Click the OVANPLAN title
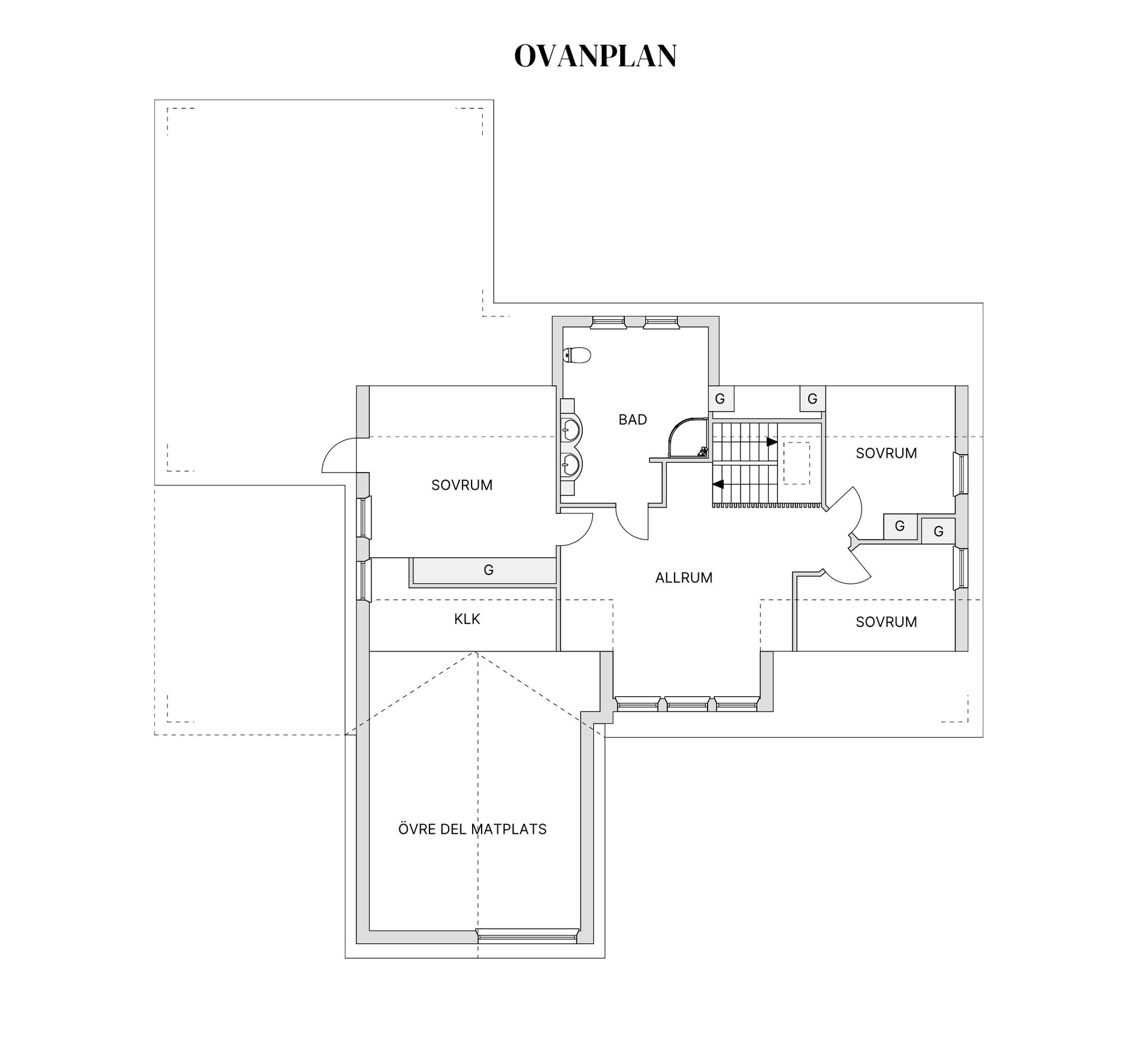[x=595, y=56]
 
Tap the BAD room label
[x=632, y=419]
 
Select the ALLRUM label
[x=684, y=577]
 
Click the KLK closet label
[x=467, y=619]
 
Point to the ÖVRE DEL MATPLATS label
[x=472, y=829]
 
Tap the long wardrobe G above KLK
[x=484, y=570]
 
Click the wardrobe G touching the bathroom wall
[x=720, y=399]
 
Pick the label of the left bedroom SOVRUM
[x=461, y=485]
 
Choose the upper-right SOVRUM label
[x=886, y=453]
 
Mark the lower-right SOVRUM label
[x=886, y=622]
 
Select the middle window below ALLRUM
[x=687, y=704]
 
